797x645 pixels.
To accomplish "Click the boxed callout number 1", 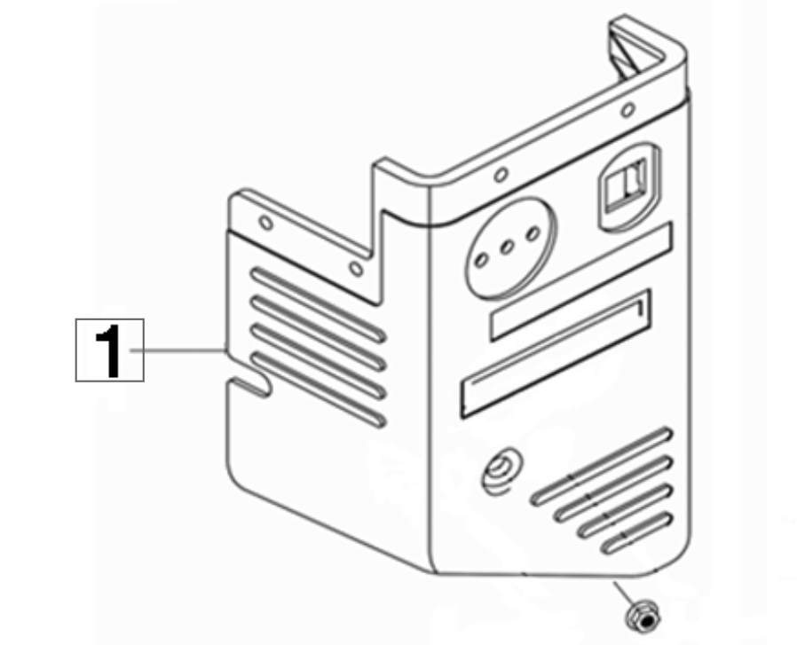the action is (x=110, y=350).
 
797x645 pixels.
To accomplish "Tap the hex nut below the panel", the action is (x=643, y=617).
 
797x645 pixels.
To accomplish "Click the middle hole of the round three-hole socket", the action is (x=507, y=248).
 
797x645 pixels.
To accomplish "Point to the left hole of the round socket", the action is (x=481, y=260).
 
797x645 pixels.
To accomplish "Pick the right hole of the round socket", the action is (x=533, y=234).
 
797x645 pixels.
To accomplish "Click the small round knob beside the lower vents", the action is (x=501, y=470).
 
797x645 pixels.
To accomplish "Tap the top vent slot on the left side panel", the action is (x=319, y=304).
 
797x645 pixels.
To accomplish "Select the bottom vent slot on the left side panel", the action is (x=319, y=389).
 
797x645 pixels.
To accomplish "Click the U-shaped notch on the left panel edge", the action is (x=250, y=387).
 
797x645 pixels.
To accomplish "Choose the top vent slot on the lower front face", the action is (x=603, y=467).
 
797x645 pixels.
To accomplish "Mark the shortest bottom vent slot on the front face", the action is (x=637, y=533).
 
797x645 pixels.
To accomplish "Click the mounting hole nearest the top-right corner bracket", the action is (x=628, y=109).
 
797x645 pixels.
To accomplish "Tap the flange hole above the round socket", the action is (x=501, y=175).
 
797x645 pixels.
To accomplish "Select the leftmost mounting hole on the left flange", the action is (x=266, y=223).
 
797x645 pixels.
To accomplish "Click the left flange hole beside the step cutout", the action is (x=357, y=268).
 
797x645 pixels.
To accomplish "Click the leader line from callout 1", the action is (x=178, y=350).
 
